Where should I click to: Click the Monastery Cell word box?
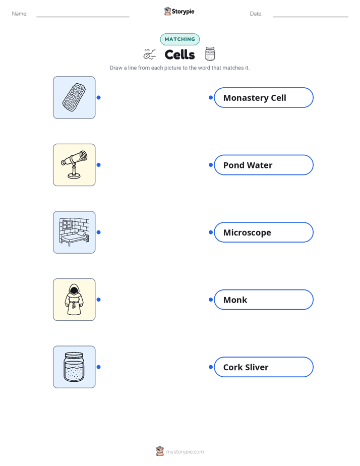[264, 97]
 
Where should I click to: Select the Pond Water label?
[264, 165]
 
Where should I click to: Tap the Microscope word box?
[264, 232]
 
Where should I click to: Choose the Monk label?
[264, 300]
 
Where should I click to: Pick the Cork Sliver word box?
[264, 367]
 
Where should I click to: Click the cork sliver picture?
[74, 97]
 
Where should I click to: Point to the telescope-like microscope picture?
[74, 165]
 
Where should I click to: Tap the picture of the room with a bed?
[74, 232]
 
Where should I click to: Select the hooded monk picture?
[74, 300]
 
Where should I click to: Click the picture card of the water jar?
[74, 367]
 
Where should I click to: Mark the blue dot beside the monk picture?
[99, 300]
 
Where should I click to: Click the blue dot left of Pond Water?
[211, 165]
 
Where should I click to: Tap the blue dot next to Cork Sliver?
[211, 367]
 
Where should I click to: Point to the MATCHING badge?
[179, 39]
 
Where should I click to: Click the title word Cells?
[179, 54]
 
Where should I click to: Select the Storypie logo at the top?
[179, 11]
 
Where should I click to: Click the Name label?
[20, 14]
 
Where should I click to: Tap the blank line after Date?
[311, 17]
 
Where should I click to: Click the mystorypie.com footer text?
[185, 452]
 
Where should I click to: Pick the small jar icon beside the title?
[210, 54]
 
